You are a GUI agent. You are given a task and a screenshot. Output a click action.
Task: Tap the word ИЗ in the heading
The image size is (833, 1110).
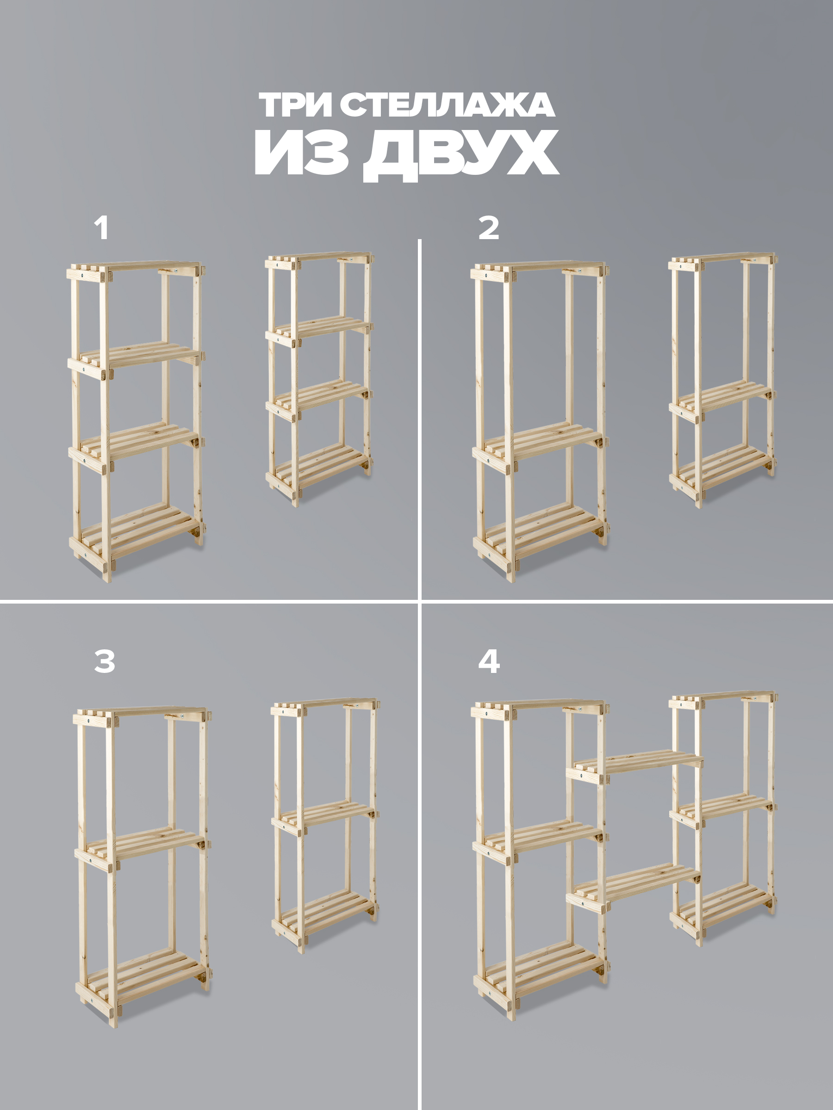(301, 153)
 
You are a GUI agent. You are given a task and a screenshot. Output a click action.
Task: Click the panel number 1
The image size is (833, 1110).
(101, 228)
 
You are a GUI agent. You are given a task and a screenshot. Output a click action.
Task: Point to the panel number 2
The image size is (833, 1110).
(489, 228)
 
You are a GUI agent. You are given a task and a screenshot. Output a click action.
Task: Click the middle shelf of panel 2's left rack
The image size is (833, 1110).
(540, 444)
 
